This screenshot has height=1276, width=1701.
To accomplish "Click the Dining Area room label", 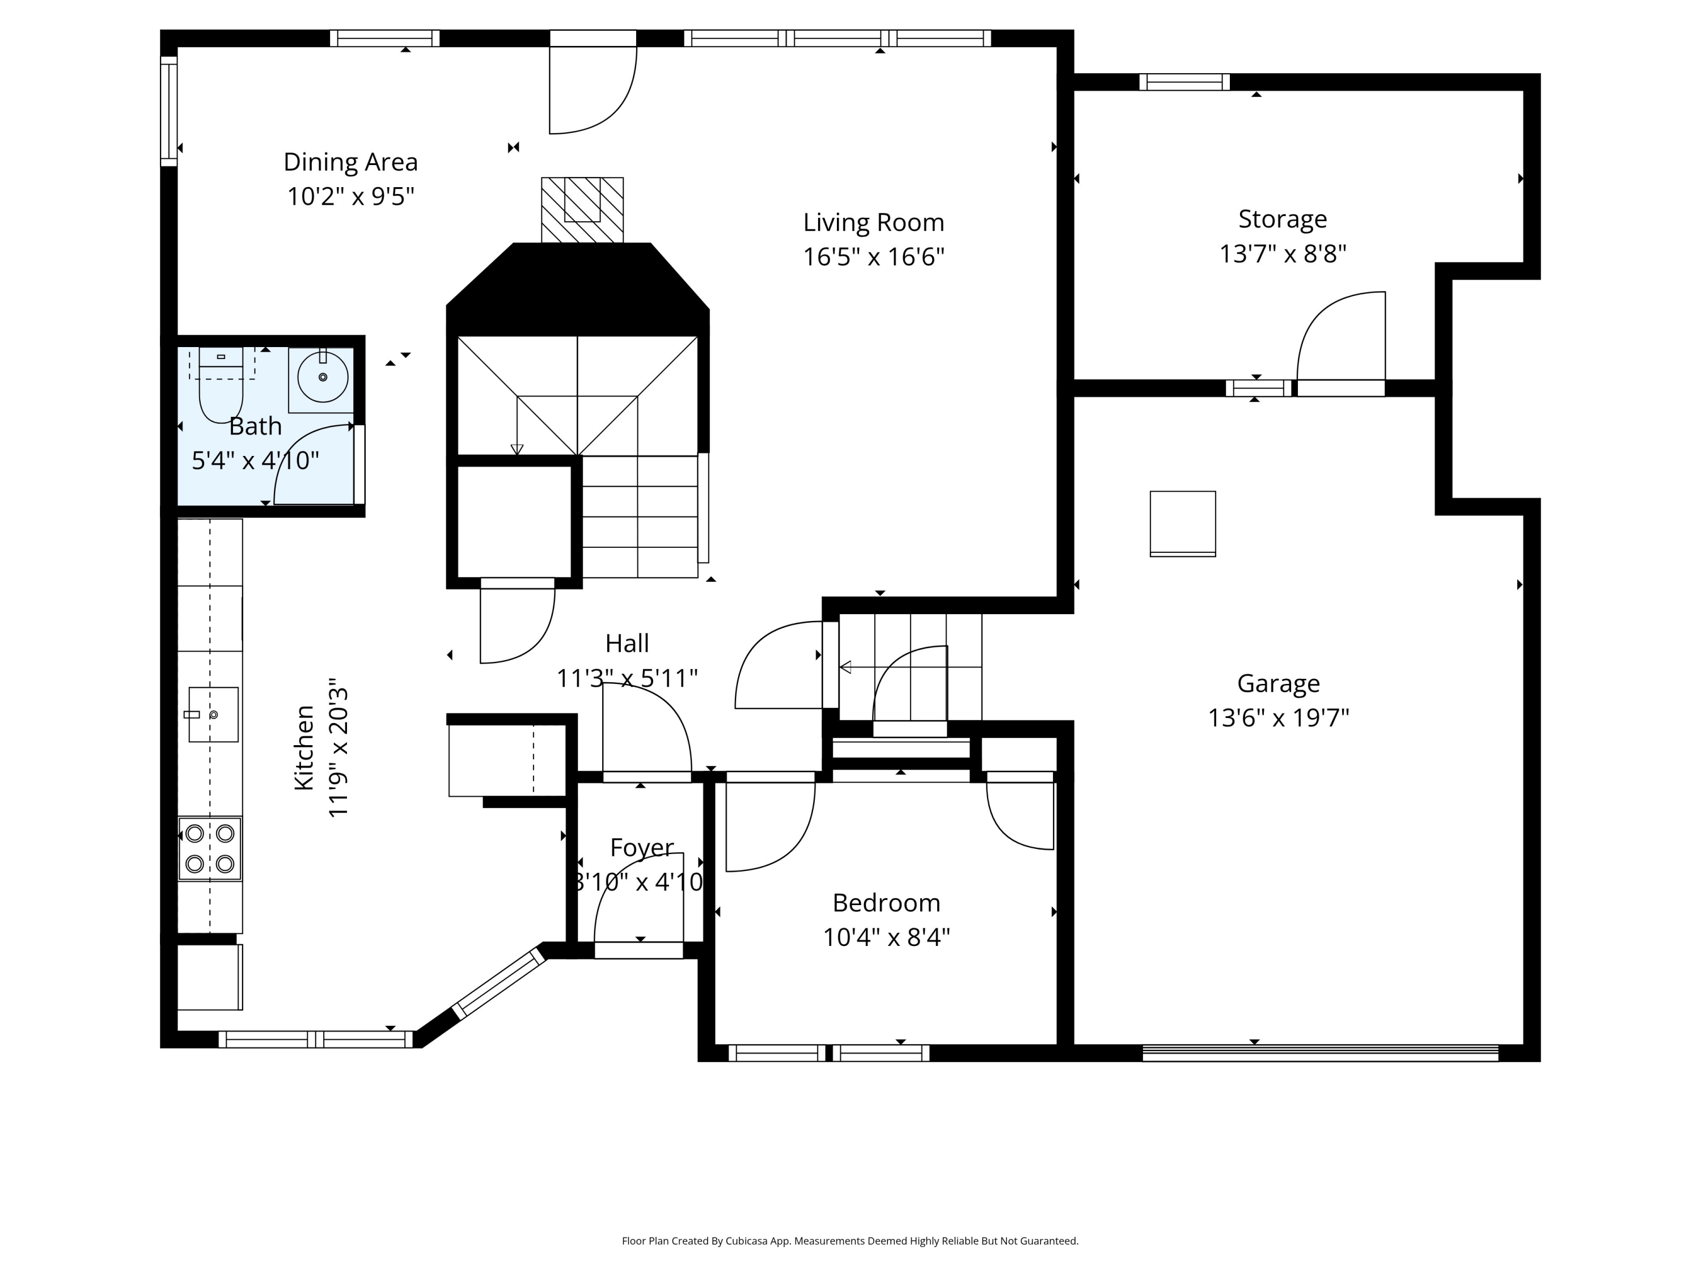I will coord(350,162).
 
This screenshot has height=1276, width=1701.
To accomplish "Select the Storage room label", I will coord(1282,219).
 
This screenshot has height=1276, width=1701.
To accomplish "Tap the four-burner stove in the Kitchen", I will coord(210,848).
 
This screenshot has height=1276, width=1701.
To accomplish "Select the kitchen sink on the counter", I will coord(213,715).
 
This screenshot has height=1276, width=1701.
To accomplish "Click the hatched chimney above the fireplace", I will coord(582,209).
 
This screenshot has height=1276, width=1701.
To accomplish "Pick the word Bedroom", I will coord(886,903).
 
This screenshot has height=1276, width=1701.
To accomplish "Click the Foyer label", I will coord(641,848).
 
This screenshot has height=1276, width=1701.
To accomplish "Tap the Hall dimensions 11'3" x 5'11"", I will coord(627,678).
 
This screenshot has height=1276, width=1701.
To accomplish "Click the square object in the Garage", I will coord(1182,523).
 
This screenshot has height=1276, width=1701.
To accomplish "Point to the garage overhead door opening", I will coord(1319,1053).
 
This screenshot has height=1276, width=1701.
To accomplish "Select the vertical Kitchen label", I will coord(304,747).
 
